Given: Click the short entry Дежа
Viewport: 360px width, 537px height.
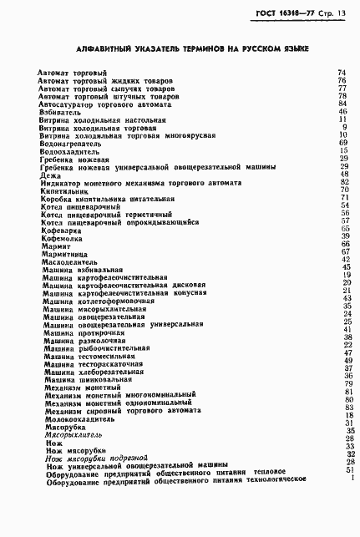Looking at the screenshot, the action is tap(47, 175).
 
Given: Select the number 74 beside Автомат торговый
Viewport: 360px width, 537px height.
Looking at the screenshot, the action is tap(342, 73).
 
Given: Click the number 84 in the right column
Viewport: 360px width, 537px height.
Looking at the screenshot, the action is tap(342, 104).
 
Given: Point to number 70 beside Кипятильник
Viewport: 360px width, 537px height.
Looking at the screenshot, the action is tap(342, 190).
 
